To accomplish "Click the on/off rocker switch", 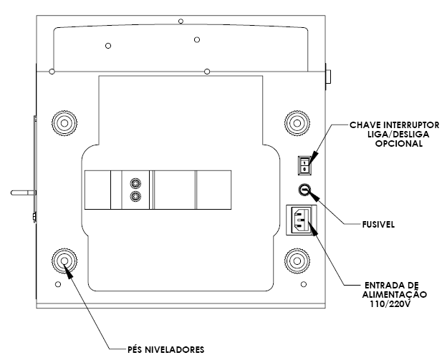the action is [304, 165].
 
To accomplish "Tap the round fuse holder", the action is [304, 190].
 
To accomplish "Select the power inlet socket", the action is [302, 220].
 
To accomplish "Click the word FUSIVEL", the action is [378, 225].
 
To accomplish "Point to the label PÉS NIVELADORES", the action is [165, 349].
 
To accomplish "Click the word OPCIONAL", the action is [399, 143].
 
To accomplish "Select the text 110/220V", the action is [390, 304].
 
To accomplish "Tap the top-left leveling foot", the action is [64, 123].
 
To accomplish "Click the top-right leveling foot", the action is [297, 123].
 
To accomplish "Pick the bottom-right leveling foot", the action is [297, 261].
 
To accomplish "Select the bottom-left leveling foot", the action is [64, 261].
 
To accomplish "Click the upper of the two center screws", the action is [135, 184].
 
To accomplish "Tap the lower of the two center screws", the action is [135, 196].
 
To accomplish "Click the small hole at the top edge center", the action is [181, 21].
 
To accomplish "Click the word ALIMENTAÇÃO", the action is [394, 295].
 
